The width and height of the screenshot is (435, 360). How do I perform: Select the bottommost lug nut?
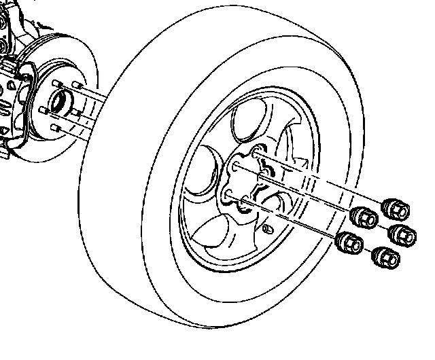pyautogui.click(x=385, y=257)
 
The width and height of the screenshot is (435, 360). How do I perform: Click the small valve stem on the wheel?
pyautogui.click(x=267, y=229)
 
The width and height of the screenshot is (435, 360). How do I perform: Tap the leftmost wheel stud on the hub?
pyautogui.click(x=43, y=109)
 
